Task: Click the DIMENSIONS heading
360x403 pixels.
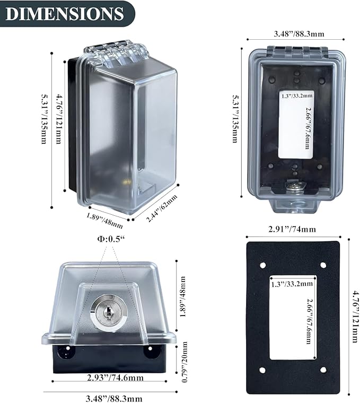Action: coord(65,14)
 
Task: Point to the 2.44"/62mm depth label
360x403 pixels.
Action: coord(162,208)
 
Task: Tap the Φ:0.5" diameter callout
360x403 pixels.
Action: coord(111,239)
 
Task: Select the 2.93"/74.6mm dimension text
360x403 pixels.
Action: coord(115,378)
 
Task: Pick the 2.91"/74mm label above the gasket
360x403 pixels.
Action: coord(292,229)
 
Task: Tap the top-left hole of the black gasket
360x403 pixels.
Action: coord(262,265)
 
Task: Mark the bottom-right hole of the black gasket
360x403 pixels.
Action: coord(323,370)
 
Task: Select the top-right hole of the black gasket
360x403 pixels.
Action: coord(323,265)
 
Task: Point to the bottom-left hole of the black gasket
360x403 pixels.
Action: coord(262,370)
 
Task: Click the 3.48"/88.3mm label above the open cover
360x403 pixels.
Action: coord(299,33)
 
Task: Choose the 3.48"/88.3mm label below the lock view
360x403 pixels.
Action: coord(114,399)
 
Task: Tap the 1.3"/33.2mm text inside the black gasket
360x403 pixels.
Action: coord(292,284)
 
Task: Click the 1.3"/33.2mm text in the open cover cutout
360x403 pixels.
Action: coord(297,96)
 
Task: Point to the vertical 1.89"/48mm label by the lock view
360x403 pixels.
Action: coord(183,296)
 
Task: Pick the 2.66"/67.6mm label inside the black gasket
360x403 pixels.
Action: coord(309,321)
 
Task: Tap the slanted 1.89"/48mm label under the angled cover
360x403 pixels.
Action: coord(105,220)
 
